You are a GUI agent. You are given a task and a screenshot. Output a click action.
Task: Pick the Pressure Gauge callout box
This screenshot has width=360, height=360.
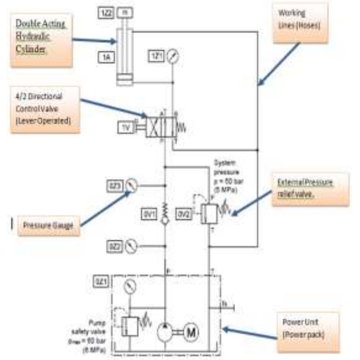coord(49,226)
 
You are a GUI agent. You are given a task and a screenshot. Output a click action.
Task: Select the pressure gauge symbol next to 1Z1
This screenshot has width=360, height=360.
coord(172,57)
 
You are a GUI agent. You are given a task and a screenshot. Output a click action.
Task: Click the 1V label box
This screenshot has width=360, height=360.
coord(126,127)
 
